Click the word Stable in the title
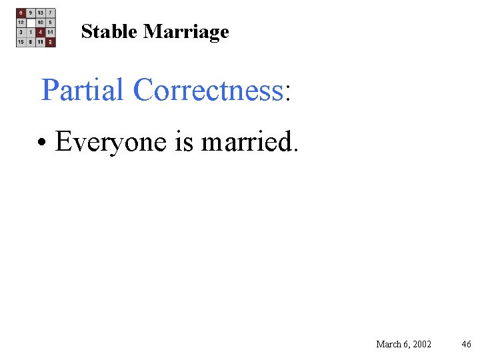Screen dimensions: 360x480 (x=109, y=31)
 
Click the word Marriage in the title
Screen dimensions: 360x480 (x=186, y=32)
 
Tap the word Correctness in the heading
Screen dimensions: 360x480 (x=207, y=90)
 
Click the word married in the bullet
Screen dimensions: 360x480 (x=245, y=141)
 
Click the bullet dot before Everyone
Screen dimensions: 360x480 (x=42, y=143)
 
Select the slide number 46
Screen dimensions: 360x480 (x=466, y=344)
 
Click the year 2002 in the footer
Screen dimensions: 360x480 (x=421, y=344)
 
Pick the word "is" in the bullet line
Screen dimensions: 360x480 (x=184, y=141)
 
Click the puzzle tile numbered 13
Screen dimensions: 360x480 (x=41, y=13)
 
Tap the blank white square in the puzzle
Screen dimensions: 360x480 (x=31, y=22)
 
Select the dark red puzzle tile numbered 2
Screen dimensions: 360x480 (x=51, y=42)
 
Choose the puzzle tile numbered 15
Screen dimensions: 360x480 (x=21, y=42)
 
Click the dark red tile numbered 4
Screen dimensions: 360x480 (x=41, y=32)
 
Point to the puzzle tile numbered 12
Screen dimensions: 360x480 (x=21, y=22)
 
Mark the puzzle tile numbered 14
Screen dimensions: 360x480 (x=51, y=32)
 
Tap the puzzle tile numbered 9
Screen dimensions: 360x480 (x=31, y=13)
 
